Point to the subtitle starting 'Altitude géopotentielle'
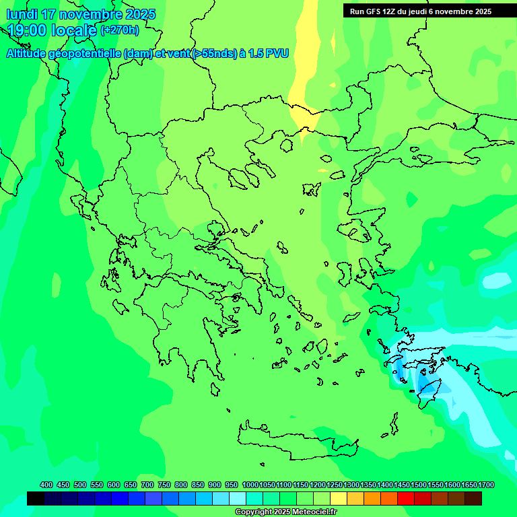(x=147, y=53)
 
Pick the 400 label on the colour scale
(x=46, y=485)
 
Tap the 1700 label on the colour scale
(x=486, y=485)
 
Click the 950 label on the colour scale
(x=232, y=485)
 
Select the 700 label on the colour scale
(x=147, y=485)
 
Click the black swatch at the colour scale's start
(x=36, y=498)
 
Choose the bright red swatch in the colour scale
(x=406, y=498)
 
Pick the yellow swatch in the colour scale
(x=339, y=498)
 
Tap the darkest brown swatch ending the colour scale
(x=473, y=498)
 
